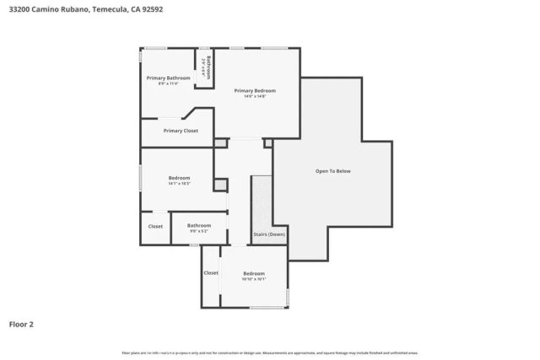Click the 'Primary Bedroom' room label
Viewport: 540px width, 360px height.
pos(255,90)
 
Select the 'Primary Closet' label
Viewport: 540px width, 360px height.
pos(181,131)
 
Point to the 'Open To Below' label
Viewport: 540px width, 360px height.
pos(332,171)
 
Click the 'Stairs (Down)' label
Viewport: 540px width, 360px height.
pos(269,234)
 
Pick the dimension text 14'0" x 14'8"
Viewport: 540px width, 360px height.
pos(255,97)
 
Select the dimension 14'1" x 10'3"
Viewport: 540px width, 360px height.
pos(179,184)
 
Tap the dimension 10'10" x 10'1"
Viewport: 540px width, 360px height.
pos(254,280)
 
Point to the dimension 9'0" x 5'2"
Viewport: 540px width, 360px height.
pos(199,231)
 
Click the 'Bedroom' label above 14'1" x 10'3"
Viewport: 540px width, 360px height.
pos(179,177)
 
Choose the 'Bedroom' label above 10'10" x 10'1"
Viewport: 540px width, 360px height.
pos(254,273)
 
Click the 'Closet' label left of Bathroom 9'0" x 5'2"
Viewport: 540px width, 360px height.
pos(155,226)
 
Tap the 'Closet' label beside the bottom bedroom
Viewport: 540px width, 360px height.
pos(211,273)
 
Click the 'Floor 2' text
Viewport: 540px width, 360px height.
pos(21,323)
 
